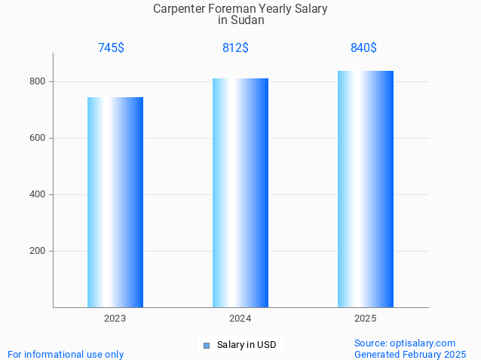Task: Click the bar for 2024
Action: [240, 193]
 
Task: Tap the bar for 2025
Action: [366, 189]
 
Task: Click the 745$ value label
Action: [111, 48]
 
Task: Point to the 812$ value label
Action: [235, 48]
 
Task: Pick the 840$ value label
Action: [363, 48]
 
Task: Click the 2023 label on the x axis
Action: [115, 319]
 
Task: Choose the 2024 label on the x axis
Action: [240, 319]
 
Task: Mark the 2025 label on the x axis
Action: [366, 319]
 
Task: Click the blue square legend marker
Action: [207, 346]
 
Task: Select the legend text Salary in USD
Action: [247, 345]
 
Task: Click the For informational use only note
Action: [66, 354]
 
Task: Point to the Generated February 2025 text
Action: [410, 354]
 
